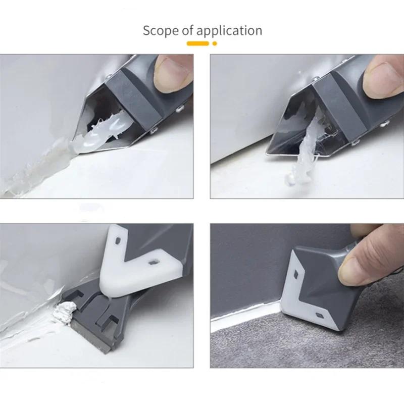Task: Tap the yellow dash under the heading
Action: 198,44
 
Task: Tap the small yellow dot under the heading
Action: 215,44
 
